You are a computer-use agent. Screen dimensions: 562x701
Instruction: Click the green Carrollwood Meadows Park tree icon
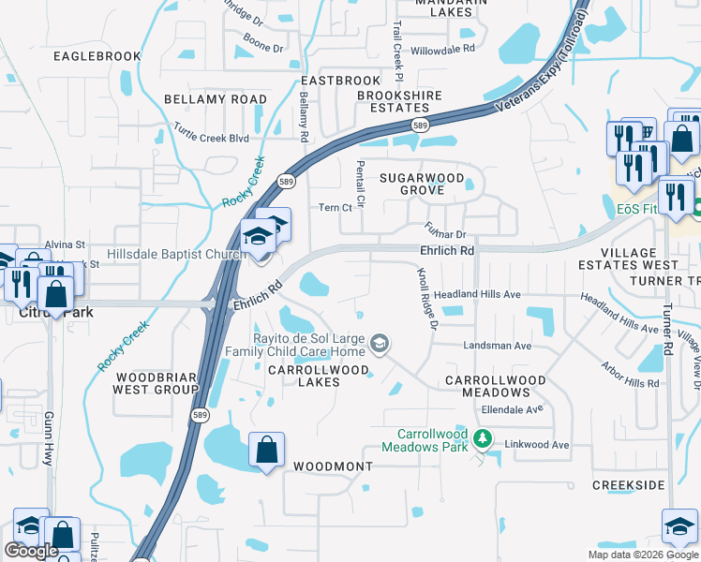coord(483,438)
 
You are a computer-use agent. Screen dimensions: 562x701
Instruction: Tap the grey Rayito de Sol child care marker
coord(380,344)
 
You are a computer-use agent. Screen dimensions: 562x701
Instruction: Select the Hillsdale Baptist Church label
coord(176,254)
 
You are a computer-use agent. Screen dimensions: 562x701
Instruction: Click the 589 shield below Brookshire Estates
coord(421,125)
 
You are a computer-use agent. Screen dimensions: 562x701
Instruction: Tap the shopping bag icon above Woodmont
coord(267,450)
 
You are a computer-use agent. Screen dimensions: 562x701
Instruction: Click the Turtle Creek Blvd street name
coord(212,138)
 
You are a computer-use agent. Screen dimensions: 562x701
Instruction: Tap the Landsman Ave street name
coord(497,346)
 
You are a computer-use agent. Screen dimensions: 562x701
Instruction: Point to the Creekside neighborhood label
coord(628,484)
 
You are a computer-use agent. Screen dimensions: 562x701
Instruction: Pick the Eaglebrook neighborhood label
coord(97,56)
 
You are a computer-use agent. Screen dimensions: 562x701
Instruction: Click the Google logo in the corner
coord(31,551)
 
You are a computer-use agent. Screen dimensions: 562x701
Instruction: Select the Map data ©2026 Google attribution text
coord(642,555)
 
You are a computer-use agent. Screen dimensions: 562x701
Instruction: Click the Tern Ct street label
coord(335,208)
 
